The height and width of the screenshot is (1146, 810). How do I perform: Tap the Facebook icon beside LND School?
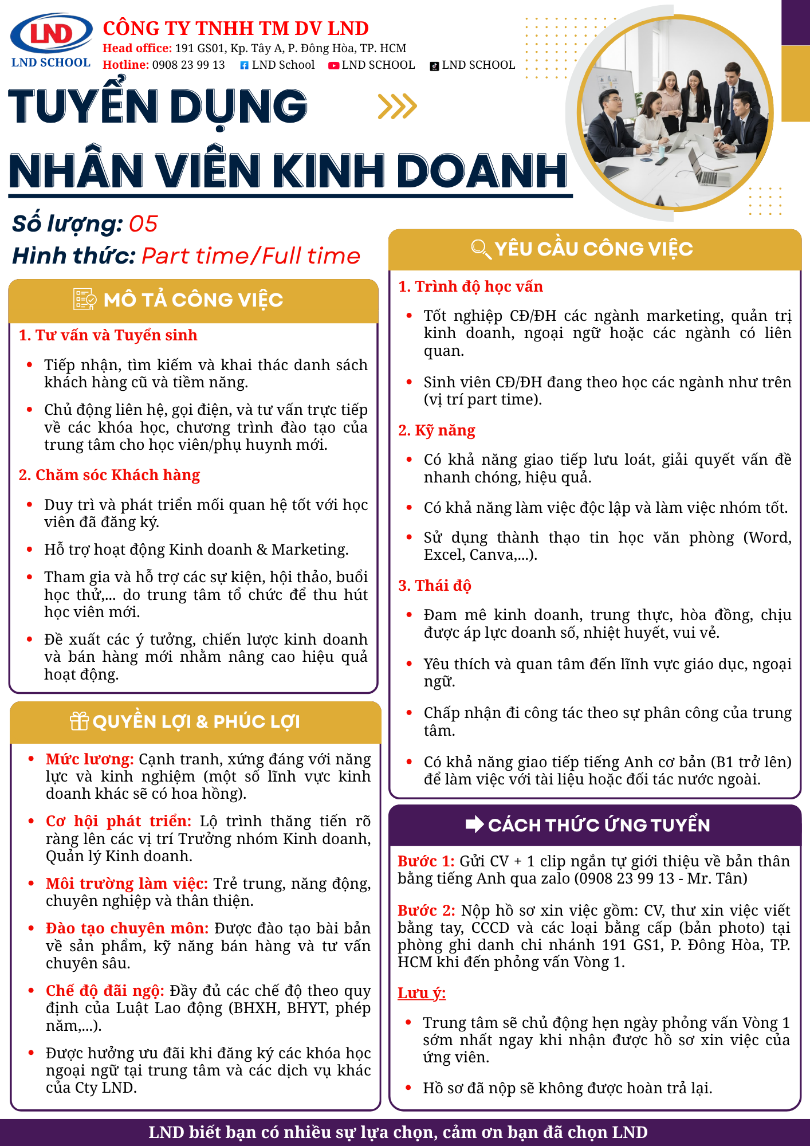pyautogui.click(x=244, y=65)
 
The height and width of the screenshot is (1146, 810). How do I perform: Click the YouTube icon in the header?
pyautogui.click(x=333, y=66)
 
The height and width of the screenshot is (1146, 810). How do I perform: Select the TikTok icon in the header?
pyautogui.click(x=434, y=66)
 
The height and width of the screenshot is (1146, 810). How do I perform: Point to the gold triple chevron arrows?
pyautogui.click(x=397, y=106)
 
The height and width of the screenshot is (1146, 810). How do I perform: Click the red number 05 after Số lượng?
pyautogui.click(x=143, y=224)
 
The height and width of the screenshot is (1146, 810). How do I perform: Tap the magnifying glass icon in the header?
pyautogui.click(x=480, y=249)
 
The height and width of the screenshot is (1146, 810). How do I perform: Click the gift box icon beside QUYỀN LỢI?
pyautogui.click(x=79, y=721)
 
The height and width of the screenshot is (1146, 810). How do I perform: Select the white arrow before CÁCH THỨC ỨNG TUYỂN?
pyautogui.click(x=474, y=825)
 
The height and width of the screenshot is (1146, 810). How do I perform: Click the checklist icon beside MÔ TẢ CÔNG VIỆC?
pyautogui.click(x=85, y=299)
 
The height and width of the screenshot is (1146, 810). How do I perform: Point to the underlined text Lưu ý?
pyautogui.click(x=422, y=993)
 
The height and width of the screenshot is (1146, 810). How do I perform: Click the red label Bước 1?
pyautogui.click(x=426, y=861)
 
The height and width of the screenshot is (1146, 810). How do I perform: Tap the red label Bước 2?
pyautogui.click(x=426, y=910)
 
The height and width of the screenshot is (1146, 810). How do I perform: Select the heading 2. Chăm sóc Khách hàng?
pyautogui.click(x=109, y=475)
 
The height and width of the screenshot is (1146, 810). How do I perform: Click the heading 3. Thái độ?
pyautogui.click(x=435, y=586)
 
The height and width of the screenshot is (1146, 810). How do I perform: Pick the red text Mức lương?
pyautogui.click(x=90, y=759)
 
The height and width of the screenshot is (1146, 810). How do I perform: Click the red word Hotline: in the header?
pyautogui.click(x=125, y=65)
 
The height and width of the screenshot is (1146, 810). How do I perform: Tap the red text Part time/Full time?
pyautogui.click(x=251, y=256)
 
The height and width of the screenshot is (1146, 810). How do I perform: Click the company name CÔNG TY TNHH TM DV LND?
pyautogui.click(x=235, y=28)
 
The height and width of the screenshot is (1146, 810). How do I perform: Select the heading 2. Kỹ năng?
pyautogui.click(x=437, y=430)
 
